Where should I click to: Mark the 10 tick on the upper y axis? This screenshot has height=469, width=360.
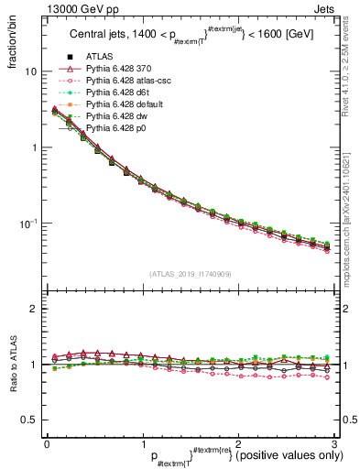(31, 71)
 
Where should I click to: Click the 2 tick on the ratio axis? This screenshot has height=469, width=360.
(31, 309)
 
